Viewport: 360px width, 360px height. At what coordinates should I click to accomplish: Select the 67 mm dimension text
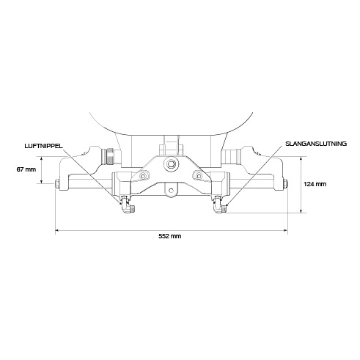[x=26, y=170]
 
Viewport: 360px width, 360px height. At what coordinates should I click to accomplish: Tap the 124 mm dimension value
[x=315, y=184]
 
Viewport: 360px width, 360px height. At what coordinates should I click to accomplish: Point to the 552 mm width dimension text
[x=170, y=237]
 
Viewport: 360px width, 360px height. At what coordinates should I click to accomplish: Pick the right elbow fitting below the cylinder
[x=218, y=206]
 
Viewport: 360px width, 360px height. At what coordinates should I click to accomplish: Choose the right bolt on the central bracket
[x=198, y=176]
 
